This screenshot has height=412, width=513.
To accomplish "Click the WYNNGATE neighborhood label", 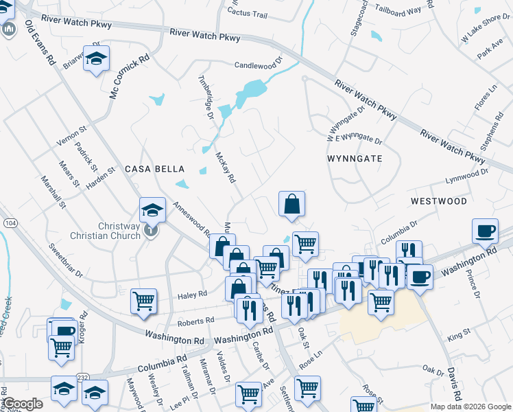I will click(354, 158).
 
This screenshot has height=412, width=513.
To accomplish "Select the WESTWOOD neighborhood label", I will click(439, 201).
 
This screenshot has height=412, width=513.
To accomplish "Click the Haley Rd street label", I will click(192, 295).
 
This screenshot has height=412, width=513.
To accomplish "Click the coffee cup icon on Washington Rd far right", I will click(486, 231).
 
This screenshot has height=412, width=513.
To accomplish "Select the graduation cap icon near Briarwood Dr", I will click(97, 58).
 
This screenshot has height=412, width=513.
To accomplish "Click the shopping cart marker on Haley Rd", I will click(143, 300).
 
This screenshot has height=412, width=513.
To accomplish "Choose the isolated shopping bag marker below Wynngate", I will click(291, 203).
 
